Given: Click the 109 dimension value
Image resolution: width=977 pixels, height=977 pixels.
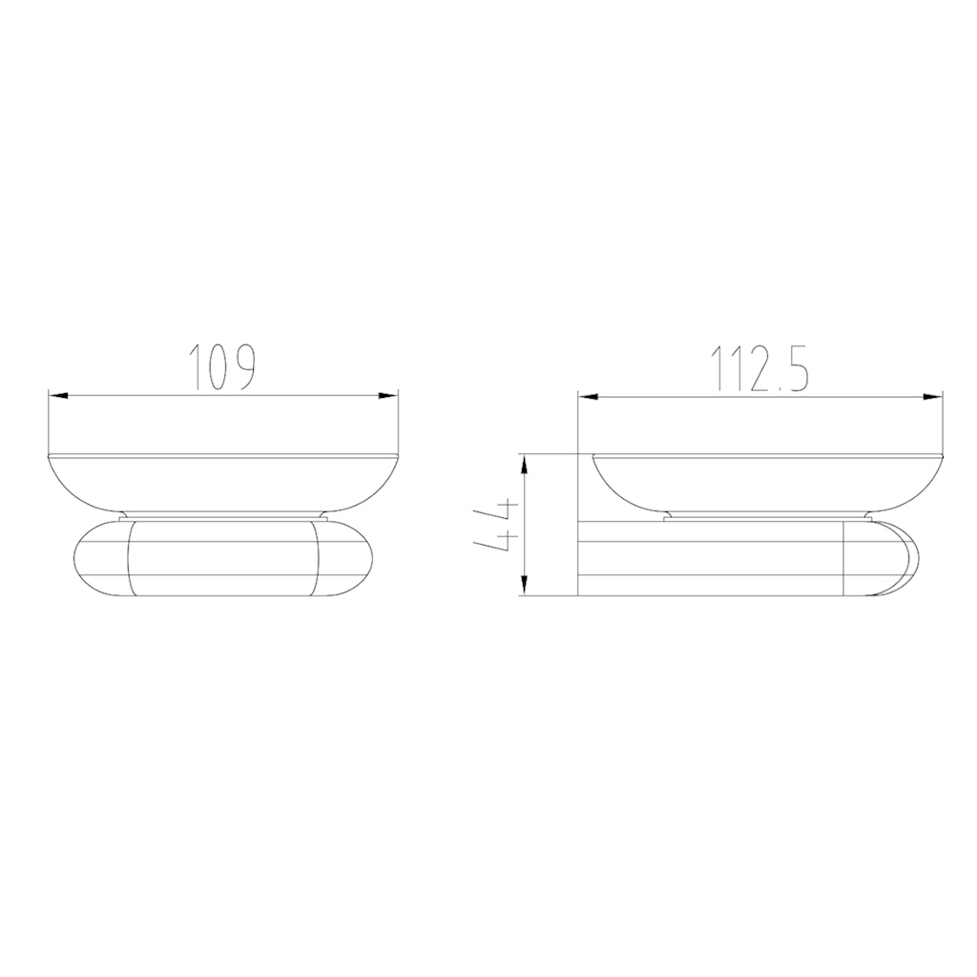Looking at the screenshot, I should [x=221, y=366].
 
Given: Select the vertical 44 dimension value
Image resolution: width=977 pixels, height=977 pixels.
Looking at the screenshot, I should [x=497, y=527].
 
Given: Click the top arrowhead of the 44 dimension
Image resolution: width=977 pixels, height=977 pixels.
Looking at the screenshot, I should [x=524, y=462].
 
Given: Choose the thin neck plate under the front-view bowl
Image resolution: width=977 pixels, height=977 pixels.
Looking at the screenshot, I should [x=223, y=516].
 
